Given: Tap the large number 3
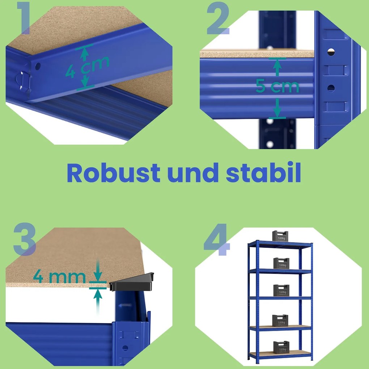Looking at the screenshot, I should pos(24,239).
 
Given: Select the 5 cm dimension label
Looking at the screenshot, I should pos(277,86).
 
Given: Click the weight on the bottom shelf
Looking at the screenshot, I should pos(281,347).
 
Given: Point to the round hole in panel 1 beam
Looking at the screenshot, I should pos(38,66).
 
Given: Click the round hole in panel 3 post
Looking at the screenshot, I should pos(125,348).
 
